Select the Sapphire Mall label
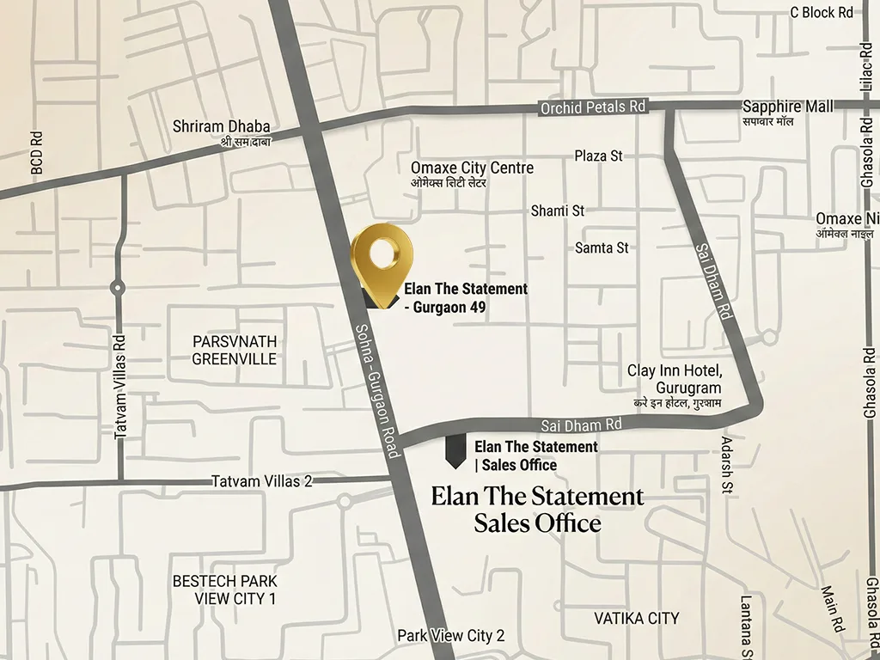pyautogui.click(x=787, y=107)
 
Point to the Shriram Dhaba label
pyautogui.click(x=221, y=126)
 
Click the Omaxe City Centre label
pyautogui.click(x=472, y=168)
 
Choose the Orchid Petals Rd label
pyautogui.click(x=592, y=108)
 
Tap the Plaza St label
pyautogui.click(x=598, y=156)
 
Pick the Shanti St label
pyautogui.click(x=557, y=211)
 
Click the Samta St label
pyautogui.click(x=602, y=247)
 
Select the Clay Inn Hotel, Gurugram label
pyautogui.click(x=675, y=379)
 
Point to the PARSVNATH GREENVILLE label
pyautogui.click(x=235, y=350)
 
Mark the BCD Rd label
pyautogui.click(x=37, y=152)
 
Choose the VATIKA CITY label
pyautogui.click(x=637, y=618)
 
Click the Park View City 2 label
pyautogui.click(x=450, y=636)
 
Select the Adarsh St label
pyautogui.click(x=726, y=468)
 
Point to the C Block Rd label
pyautogui.click(x=822, y=12)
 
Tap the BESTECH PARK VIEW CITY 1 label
pyautogui.click(x=224, y=590)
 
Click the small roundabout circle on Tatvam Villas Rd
pyautogui.click(x=118, y=289)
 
